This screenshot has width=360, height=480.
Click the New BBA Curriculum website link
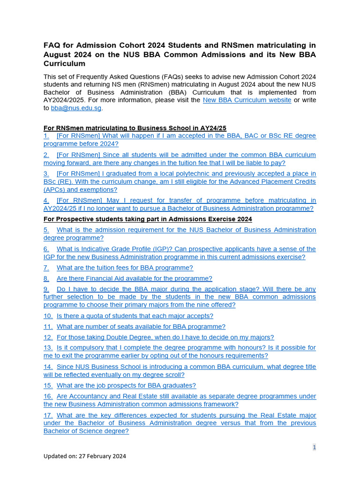pos(247,100)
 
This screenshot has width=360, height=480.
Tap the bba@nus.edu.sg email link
pos(76,108)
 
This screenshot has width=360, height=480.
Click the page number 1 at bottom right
pos(315,447)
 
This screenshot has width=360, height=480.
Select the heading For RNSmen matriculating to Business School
pos(135,128)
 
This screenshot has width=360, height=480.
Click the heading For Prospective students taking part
pos(148,219)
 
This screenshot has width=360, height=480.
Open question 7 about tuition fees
pos(125,268)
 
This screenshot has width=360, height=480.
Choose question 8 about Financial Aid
pos(134,278)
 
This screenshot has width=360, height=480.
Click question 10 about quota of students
pos(135,316)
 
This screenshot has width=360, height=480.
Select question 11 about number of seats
pos(141,327)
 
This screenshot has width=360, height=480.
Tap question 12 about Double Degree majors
pos(165,337)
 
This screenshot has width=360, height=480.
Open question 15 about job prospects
pos(126,385)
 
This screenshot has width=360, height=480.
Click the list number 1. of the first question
pos(46,136)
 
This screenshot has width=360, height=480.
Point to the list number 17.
pos(48,415)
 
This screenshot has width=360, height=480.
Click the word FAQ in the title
pos(52,45)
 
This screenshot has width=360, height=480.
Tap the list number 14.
pos(48,367)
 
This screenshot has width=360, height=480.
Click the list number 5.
pos(46,230)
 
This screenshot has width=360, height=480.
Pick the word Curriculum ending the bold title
pos(64,63)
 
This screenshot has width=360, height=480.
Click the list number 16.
pos(48,396)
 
